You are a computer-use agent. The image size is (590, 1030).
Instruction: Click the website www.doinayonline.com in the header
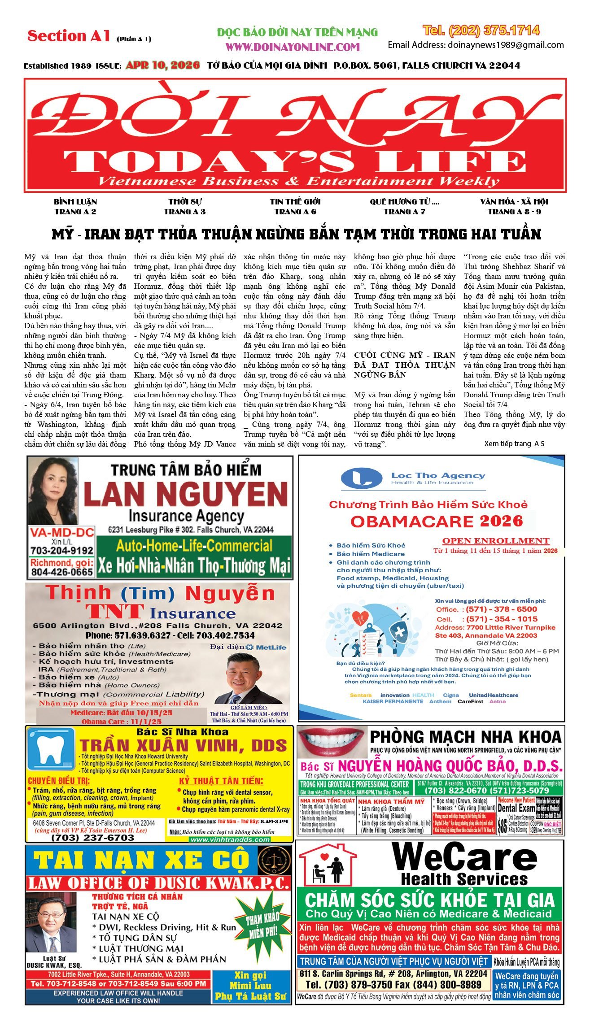[293, 47]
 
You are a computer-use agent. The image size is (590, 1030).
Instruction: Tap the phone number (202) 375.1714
[481, 30]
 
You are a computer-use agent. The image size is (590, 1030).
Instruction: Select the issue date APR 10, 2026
[162, 65]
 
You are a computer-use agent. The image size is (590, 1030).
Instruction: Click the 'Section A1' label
[69, 36]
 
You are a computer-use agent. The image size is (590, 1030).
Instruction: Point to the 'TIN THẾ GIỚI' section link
[295, 202]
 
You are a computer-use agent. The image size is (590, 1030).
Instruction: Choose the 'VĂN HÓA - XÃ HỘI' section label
[514, 202]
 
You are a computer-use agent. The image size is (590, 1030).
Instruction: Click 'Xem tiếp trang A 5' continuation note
[514, 443]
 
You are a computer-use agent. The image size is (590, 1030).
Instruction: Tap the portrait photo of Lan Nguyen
[53, 491]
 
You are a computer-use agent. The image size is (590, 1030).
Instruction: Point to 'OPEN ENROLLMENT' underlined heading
[496, 541]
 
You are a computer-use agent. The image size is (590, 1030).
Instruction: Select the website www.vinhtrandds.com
[230, 839]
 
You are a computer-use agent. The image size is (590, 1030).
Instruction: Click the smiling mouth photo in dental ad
[331, 741]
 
